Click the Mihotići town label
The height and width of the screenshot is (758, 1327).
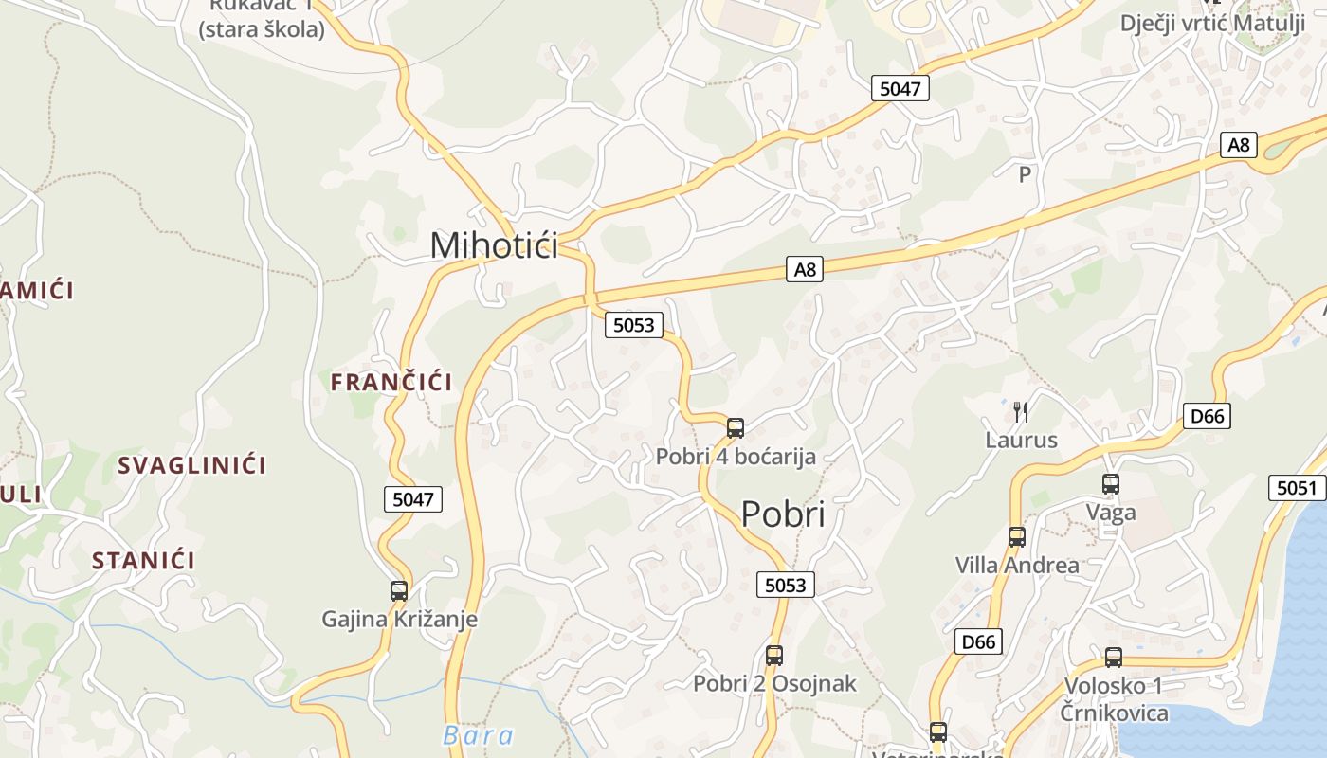[494, 244]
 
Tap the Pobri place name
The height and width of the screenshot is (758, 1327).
[782, 514]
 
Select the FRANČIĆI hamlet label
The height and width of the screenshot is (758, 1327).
[391, 382]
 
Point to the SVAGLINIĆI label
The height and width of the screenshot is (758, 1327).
[191, 465]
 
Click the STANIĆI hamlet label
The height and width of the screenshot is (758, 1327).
[143, 560]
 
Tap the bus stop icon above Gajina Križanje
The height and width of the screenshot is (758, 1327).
[399, 591]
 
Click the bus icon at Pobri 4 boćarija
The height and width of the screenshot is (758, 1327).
[736, 428]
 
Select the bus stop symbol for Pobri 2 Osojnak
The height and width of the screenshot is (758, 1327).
[774, 655]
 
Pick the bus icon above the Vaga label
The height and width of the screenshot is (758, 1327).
[1111, 484]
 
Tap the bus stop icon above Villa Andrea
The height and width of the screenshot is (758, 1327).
[1017, 537]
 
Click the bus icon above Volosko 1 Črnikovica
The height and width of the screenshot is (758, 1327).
[1114, 657]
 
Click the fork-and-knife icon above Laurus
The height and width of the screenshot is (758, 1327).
[1020, 411]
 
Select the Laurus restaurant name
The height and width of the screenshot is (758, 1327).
[1021, 440]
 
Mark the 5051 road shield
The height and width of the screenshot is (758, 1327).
[1296, 488]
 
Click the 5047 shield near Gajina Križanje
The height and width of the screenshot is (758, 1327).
[413, 499]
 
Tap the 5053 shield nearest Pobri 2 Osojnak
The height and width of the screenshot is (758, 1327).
[786, 585]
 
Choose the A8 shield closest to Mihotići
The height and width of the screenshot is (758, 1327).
[804, 270]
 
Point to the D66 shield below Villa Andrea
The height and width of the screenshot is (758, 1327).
[978, 641]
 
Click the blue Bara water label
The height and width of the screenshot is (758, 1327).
[478, 735]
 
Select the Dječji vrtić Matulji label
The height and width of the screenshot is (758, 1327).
[1212, 23]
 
